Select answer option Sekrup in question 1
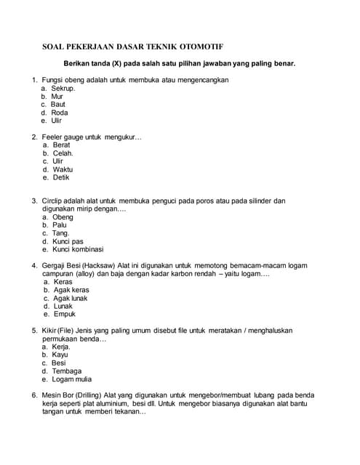[x=63, y=88]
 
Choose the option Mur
[x=57, y=96]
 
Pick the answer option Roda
[x=60, y=113]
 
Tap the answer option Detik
[x=61, y=177]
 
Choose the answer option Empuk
[x=64, y=314]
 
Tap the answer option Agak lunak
[x=71, y=298]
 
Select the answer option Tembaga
[x=66, y=371]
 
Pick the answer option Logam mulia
[x=72, y=379]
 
